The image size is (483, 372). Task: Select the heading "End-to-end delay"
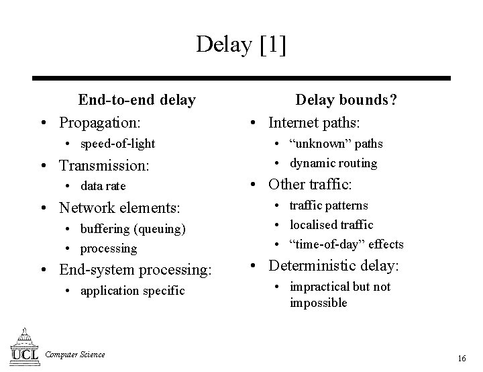coord(137,101)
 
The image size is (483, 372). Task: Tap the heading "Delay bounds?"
coord(347,101)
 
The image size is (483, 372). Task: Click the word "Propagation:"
coord(100,124)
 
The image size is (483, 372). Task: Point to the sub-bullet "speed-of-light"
coord(117,144)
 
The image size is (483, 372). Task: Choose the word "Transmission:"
coord(104,165)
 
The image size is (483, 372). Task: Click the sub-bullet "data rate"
coord(103,186)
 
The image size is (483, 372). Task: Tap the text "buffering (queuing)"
coord(133,229)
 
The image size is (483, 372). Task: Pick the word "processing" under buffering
coord(109,248)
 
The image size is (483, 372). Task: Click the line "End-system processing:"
coord(136,270)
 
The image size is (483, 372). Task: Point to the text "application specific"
coord(132,291)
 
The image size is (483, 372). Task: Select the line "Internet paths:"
coord(315,124)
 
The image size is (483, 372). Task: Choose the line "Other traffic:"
coord(311,184)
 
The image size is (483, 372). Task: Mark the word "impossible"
coord(319,303)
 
